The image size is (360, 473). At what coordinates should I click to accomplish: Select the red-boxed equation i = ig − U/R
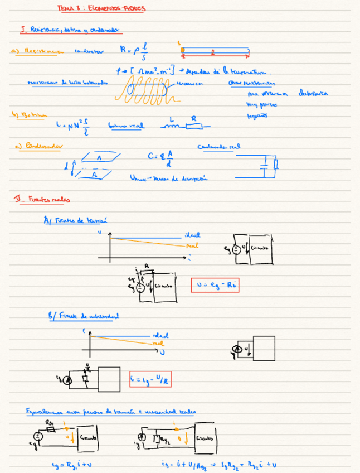pos(150,380)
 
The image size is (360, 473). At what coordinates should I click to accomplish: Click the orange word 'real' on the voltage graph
pos(192,245)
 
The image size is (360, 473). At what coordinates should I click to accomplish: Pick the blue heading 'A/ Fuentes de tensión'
pos(75,220)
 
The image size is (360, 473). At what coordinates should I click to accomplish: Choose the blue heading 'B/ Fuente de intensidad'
pos(84,316)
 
